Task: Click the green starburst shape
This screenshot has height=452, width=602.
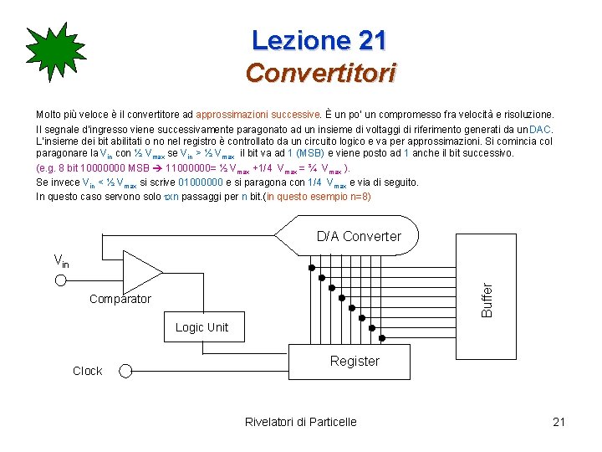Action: [55, 56]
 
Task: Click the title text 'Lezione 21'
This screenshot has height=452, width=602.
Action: [319, 39]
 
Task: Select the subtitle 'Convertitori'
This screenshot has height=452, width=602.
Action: [320, 74]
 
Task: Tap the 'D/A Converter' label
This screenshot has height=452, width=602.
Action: [359, 236]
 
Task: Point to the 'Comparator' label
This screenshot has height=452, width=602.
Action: [120, 299]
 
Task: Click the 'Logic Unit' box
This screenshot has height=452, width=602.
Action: [202, 327]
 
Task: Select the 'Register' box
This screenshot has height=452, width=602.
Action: [355, 361]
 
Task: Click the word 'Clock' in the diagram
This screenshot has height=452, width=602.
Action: [87, 371]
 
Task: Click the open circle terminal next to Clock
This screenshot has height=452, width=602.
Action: [125, 370]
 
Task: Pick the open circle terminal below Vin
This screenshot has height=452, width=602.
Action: [60, 280]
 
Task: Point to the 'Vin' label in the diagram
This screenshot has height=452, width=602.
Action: [61, 260]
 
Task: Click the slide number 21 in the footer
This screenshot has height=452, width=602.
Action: [559, 422]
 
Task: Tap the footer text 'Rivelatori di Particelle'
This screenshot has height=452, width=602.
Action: [300, 422]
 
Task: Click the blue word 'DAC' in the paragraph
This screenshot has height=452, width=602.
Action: [540, 130]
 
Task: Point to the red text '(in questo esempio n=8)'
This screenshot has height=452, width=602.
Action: [317, 197]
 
